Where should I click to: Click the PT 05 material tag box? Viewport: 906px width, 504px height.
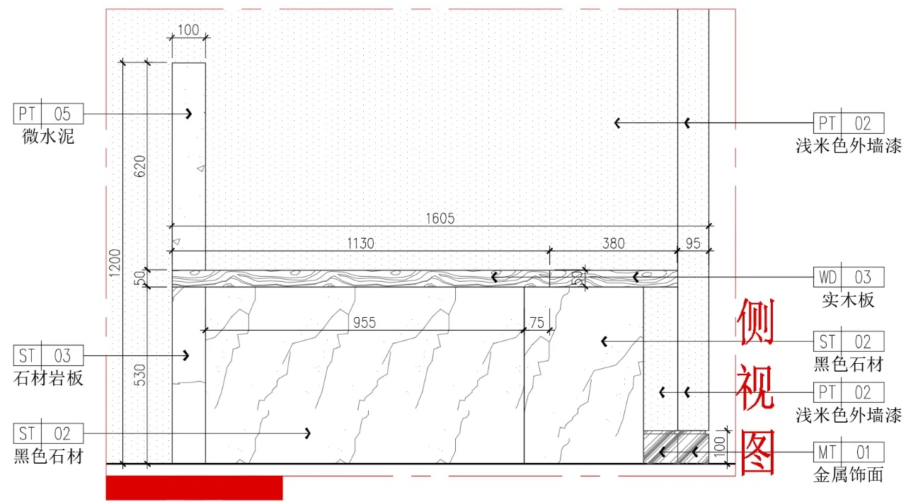[x=48, y=113]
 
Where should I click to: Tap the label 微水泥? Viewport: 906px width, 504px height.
[x=48, y=136]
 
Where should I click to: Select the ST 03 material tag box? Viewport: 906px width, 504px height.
[x=48, y=355]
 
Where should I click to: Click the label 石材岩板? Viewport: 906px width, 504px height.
[x=48, y=377]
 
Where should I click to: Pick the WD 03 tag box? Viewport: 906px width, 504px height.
[x=849, y=277]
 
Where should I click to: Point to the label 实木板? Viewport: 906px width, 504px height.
[x=849, y=299]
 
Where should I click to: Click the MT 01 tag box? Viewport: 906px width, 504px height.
[x=849, y=452]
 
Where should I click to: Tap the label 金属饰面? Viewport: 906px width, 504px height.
[x=849, y=474]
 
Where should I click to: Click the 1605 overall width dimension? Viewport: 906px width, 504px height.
[x=440, y=219]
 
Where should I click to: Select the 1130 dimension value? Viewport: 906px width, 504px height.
[x=360, y=244]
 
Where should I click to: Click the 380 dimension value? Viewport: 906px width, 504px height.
[x=613, y=244]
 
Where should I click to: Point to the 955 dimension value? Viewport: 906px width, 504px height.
[x=365, y=323]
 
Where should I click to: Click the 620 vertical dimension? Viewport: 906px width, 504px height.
[x=140, y=166]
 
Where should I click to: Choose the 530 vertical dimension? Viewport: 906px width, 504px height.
[x=140, y=375]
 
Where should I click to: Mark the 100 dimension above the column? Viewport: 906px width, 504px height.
[x=188, y=30]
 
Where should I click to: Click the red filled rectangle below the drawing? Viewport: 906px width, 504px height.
[x=194, y=488]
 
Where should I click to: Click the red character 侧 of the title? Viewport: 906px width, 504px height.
[x=756, y=322]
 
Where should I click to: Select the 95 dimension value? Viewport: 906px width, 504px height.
[x=693, y=244]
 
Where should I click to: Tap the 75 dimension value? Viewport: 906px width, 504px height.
[x=537, y=323]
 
